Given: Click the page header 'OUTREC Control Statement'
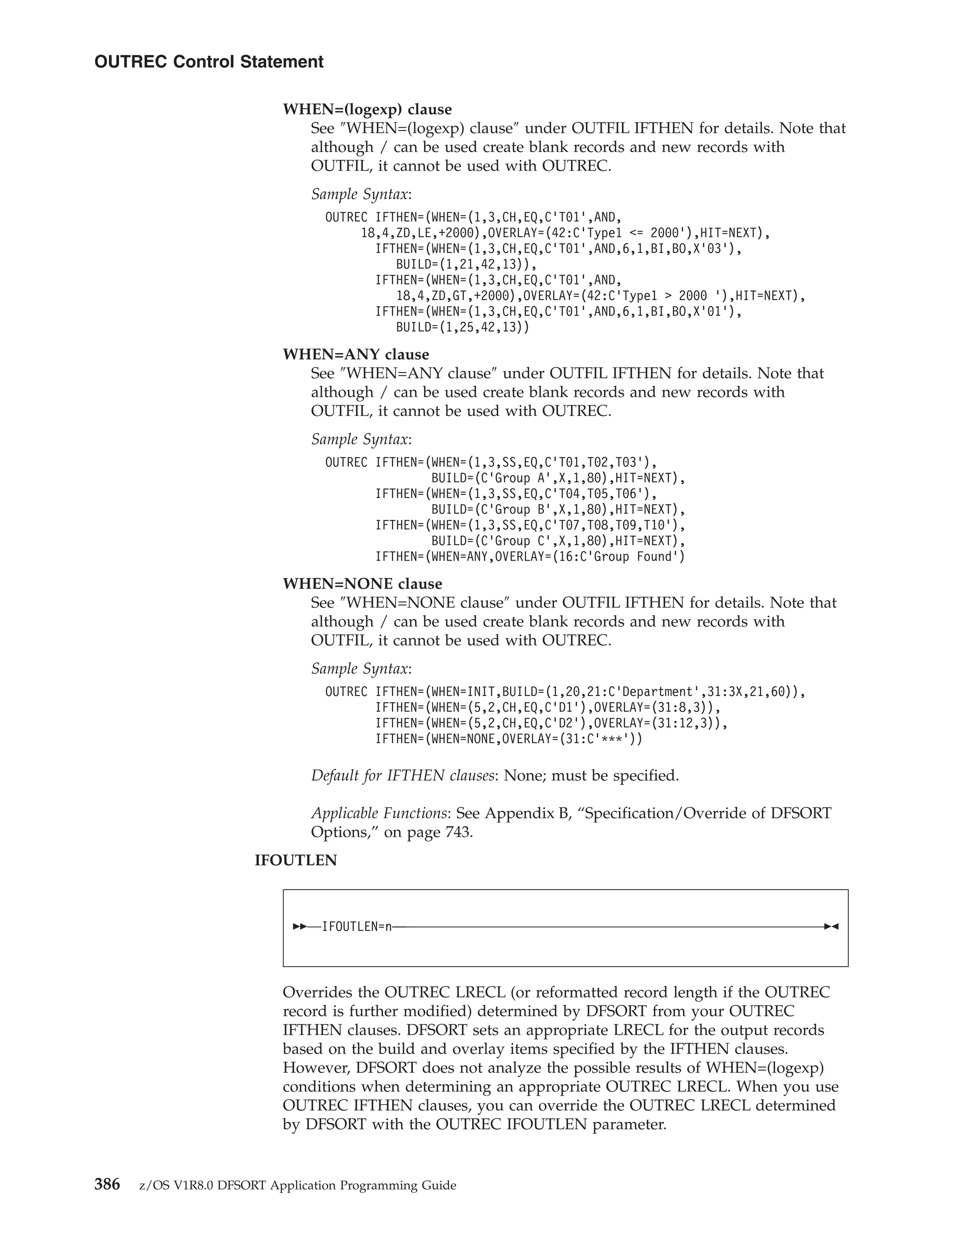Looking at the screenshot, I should pos(209,62).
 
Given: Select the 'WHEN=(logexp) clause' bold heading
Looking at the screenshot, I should pos(367,109).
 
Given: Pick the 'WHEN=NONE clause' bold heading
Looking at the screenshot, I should pos(362,584).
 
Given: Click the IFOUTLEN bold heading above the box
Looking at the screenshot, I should pos(295,861).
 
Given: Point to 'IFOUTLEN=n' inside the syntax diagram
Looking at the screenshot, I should pos(357,927).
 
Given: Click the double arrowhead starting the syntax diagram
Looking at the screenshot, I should pos(299,927).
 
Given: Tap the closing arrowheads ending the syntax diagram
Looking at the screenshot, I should pos(831,927).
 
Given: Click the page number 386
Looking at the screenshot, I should pos(107,1185).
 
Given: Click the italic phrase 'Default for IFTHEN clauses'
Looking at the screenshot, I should pos(402,776).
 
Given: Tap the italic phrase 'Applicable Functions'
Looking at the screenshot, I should pos(378,813).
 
